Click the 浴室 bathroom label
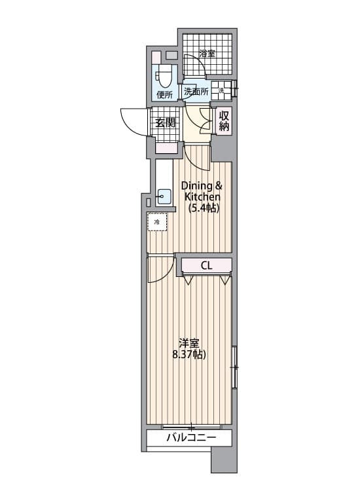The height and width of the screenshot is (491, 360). [x=207, y=54]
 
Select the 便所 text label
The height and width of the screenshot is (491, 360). [x=165, y=95]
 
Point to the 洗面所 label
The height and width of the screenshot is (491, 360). [x=196, y=92]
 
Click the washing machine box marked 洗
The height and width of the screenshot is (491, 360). [x=221, y=90]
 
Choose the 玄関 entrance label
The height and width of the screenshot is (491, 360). [x=166, y=123]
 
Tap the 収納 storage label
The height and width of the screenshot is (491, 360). [x=224, y=121]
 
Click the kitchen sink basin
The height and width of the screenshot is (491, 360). [x=164, y=197]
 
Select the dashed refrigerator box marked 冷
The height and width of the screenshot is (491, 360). [x=157, y=222]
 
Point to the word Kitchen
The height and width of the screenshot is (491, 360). [x=202, y=196]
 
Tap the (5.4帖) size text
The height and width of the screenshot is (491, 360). [x=203, y=208]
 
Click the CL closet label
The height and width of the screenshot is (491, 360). [x=206, y=266]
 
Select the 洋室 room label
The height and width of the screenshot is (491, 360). [x=189, y=344]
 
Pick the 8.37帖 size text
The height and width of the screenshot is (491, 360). [x=189, y=354]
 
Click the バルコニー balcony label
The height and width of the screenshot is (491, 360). [x=191, y=437]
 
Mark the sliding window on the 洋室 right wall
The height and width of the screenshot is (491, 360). [x=235, y=367]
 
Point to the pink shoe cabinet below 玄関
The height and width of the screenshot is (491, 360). [x=167, y=148]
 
